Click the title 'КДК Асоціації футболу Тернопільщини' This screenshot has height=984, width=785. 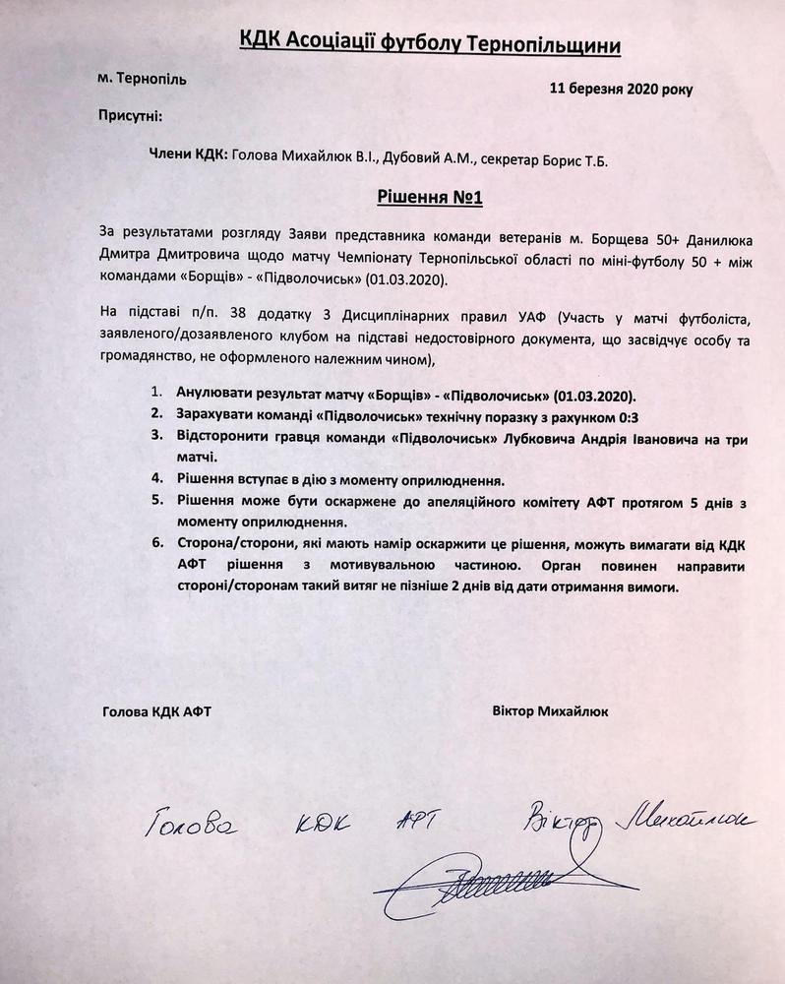tap(431, 38)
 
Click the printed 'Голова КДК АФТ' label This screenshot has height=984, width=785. tap(156, 709)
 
